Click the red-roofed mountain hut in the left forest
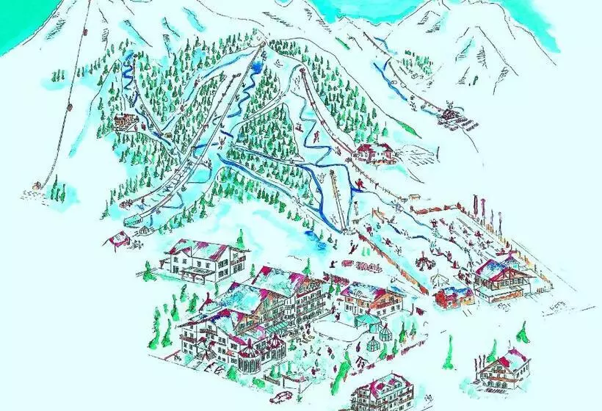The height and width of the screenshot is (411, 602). coord(125,121)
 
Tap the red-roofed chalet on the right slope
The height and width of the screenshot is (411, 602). coord(374,153)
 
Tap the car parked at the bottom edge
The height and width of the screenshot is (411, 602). coord(281,399)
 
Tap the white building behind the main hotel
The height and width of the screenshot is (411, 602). coord(196,259)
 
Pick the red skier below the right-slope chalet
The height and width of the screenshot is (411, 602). coord(359,183)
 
